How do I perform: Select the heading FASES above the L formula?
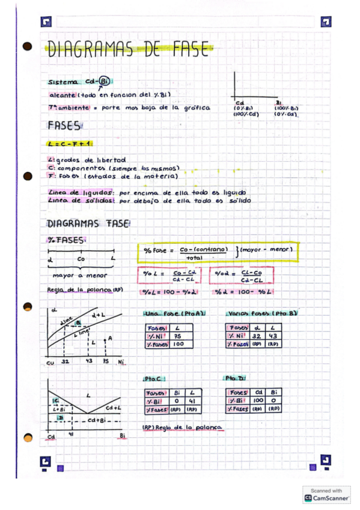64,126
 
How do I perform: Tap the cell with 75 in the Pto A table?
178,336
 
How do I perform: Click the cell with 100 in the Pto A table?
178,345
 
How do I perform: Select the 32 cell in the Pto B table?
256,336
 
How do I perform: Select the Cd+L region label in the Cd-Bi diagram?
114,408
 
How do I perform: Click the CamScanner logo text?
330,498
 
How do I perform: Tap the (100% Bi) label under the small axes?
286,108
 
